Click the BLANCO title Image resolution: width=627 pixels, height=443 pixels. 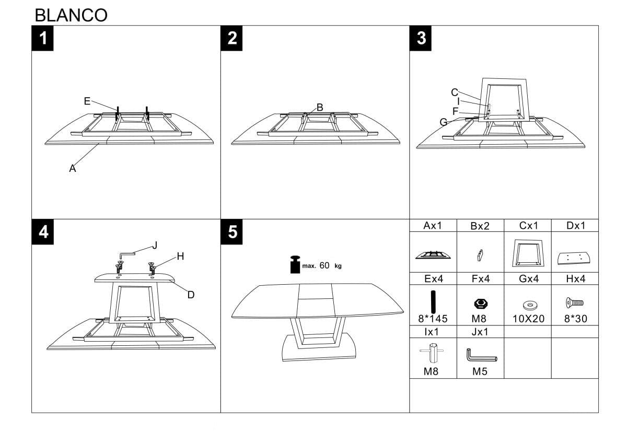(x=71, y=15)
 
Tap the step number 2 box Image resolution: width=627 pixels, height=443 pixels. (x=232, y=38)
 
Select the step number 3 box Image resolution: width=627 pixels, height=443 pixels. (x=421, y=38)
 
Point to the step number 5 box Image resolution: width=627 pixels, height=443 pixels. (x=232, y=231)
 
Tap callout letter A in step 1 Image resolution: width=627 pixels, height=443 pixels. (x=73, y=168)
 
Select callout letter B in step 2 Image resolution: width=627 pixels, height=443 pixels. (x=320, y=107)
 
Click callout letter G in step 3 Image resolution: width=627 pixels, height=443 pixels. (x=444, y=122)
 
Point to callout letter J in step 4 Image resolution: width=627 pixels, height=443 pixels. (x=154, y=245)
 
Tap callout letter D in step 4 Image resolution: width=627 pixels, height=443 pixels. (x=191, y=295)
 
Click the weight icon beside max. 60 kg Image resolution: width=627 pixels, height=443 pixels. (x=296, y=265)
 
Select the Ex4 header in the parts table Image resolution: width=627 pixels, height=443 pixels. (x=433, y=278)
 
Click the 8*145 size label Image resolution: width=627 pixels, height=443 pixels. (x=433, y=319)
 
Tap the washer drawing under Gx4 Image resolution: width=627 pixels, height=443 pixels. (x=527, y=304)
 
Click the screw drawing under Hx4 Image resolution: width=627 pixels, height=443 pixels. (x=574, y=302)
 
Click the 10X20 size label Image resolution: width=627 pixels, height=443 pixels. (x=528, y=319)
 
